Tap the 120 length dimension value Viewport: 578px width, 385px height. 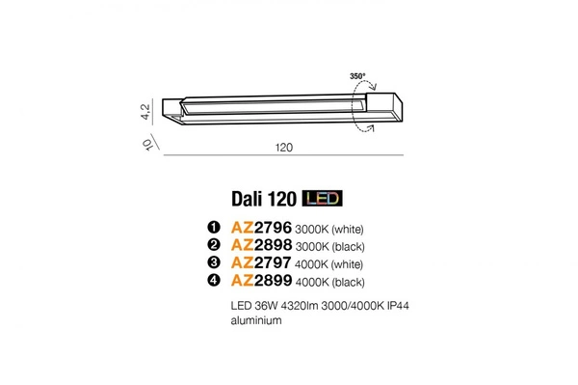pos(284,150)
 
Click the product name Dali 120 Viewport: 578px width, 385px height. pos(263,199)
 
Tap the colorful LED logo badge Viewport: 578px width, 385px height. pos(323,199)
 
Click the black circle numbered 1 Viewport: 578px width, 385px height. pos(214,228)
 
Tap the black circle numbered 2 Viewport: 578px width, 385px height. pos(214,245)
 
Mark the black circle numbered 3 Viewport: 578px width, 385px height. pos(214,263)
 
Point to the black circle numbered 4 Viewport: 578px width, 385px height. pos(214,281)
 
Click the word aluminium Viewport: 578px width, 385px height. pos(255,321)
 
